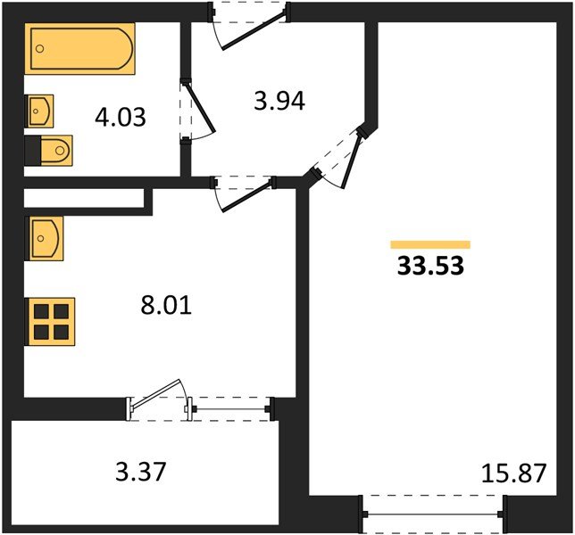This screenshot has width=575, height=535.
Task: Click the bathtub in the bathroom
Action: pos(80,49)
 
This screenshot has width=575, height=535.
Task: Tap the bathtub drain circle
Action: pos(40,48)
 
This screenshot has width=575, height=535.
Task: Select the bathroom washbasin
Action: pos(39,111)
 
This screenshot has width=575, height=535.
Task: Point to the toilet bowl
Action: pos(56,151)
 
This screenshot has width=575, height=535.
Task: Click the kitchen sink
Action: pos(44,238)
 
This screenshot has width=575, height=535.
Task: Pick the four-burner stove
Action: pos(50,322)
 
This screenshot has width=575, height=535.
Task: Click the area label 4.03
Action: pos(121,117)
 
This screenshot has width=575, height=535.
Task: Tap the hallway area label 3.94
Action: pos(279,101)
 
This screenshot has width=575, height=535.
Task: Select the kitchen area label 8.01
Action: pos(166,306)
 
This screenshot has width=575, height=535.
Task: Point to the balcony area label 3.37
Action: pos(141,472)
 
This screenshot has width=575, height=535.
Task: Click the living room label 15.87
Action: pos(513,473)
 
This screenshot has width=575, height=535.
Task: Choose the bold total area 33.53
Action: pos(431,266)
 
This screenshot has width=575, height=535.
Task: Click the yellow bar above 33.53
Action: pos(430,244)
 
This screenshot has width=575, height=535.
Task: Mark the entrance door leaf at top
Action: pos(254,30)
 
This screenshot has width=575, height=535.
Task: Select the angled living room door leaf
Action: pos(351,161)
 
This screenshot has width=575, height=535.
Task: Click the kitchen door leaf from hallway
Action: pos(247,195)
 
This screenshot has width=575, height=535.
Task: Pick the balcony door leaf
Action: pos(156,393)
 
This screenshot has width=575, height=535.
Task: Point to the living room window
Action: pos(433,514)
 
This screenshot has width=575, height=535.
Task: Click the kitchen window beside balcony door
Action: pos(230,408)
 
